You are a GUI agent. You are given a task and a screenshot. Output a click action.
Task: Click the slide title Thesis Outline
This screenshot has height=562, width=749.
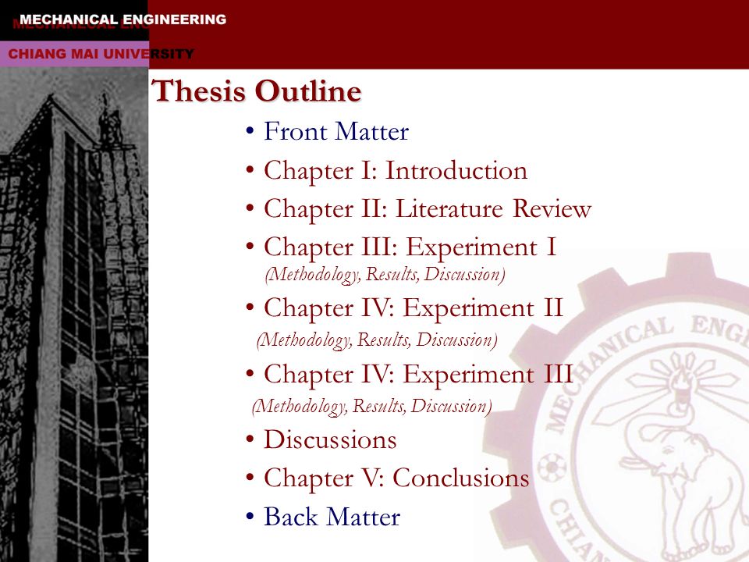pos(257,91)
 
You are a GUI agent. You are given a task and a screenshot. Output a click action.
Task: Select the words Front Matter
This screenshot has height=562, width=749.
pos(336,131)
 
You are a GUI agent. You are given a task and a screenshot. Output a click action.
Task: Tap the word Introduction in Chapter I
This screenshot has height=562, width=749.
pos(456,171)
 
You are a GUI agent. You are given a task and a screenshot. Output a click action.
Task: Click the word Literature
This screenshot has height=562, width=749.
pos(449,209)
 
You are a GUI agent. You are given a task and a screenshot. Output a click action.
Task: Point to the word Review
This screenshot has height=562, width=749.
pos(552,209)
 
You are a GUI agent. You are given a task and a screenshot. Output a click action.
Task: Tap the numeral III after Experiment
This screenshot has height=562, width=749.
pos(558,373)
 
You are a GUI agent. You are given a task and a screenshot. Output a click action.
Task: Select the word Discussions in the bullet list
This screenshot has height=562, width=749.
pos(330,439)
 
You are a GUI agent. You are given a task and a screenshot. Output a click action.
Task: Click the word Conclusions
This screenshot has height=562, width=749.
pos(461,478)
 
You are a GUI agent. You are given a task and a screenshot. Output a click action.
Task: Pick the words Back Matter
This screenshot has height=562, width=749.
pos(332,517)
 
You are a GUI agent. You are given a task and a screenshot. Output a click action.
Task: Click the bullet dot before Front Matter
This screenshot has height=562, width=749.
pos(250,130)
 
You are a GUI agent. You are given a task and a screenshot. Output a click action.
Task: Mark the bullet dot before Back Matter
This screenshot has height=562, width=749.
pos(250,516)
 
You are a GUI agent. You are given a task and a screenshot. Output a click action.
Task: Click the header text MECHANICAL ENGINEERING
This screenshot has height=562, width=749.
pos(122,20)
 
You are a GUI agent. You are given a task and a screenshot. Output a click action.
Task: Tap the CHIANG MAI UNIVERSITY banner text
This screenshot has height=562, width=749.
pos(101,54)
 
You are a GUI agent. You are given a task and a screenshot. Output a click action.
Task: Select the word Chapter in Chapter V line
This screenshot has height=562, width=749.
pos(309,478)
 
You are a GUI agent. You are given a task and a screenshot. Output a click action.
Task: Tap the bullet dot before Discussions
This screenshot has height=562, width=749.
pos(250,439)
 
